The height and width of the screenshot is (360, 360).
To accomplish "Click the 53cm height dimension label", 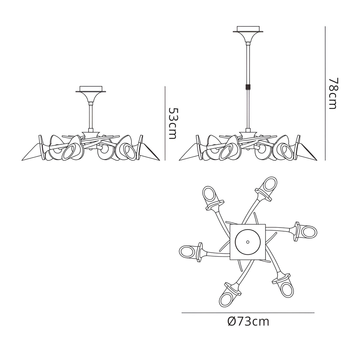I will click(x=173, y=123).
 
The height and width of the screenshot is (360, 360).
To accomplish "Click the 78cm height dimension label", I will click(x=333, y=93).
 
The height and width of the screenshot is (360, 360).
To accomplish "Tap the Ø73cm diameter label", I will click(x=248, y=321).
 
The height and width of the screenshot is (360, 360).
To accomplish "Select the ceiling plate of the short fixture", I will click(x=91, y=89).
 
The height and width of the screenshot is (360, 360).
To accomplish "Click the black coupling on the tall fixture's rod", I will click(x=247, y=87).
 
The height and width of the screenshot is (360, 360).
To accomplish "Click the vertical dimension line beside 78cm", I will click(x=325, y=93).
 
